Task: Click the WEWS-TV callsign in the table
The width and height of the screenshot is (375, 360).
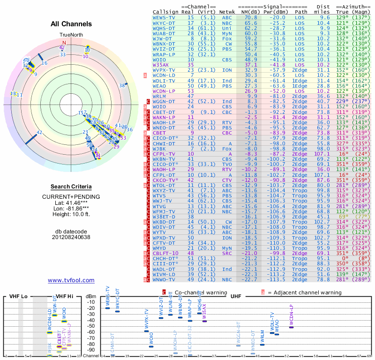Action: [x=164, y=17]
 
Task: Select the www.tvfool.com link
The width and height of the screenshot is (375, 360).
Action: [x=71, y=280]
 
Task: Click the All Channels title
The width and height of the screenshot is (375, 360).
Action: [x=71, y=24]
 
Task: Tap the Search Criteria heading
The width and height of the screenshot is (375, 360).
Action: [x=71, y=187]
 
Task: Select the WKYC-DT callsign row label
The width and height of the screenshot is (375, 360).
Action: [x=164, y=22]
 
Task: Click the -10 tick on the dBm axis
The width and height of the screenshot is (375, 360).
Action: [x=92, y=301]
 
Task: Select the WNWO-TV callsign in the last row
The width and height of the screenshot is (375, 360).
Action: [x=164, y=280]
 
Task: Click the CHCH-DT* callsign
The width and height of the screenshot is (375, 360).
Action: [x=165, y=259]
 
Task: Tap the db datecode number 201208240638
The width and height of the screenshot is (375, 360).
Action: [x=71, y=237]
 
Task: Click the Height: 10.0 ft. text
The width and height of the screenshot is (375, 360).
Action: [x=71, y=215]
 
